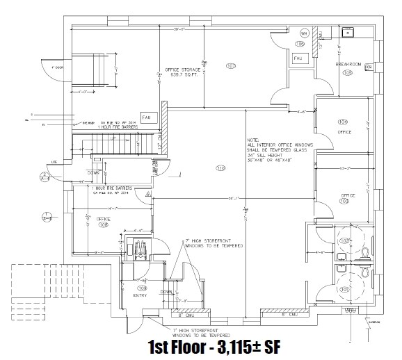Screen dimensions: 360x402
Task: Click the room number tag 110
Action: [221, 168]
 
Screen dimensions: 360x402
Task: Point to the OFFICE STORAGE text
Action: [182, 69]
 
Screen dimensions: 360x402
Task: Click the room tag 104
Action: [343, 122]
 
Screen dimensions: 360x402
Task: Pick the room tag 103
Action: [343, 202]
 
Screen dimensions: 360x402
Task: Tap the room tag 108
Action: [104, 224]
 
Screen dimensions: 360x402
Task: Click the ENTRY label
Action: [141, 295]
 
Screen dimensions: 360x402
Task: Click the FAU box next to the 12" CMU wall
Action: [147, 116]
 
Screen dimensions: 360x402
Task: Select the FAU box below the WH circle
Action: [297, 59]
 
